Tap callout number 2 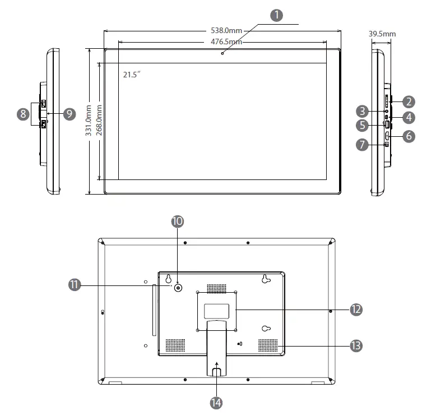click(409, 102)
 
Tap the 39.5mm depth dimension click(382, 34)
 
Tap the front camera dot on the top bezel click(222, 53)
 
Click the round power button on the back click(178, 288)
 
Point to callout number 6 click(409, 136)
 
